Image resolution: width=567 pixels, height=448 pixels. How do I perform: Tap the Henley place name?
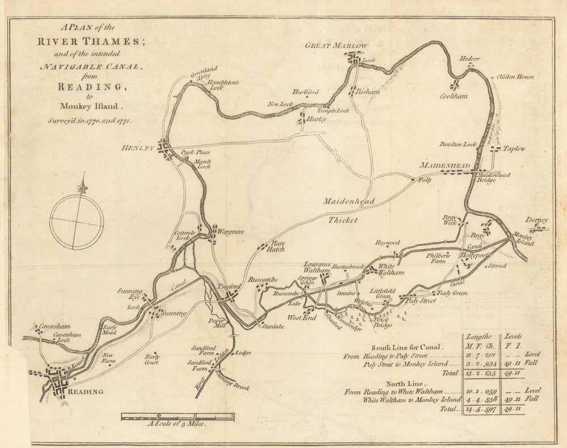[138, 148]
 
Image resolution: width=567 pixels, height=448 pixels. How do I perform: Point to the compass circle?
[77, 221]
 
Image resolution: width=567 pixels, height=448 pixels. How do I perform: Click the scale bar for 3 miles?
[177, 417]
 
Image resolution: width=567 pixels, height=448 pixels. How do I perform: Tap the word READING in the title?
[90, 87]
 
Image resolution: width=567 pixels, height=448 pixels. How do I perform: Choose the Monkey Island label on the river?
[524, 239]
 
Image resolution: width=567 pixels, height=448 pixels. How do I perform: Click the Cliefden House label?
[515, 77]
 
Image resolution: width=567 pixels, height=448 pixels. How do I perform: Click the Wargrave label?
[226, 232]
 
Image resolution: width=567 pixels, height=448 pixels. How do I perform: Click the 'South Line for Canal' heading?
[407, 347]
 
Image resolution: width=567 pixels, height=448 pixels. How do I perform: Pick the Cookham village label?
[454, 96]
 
